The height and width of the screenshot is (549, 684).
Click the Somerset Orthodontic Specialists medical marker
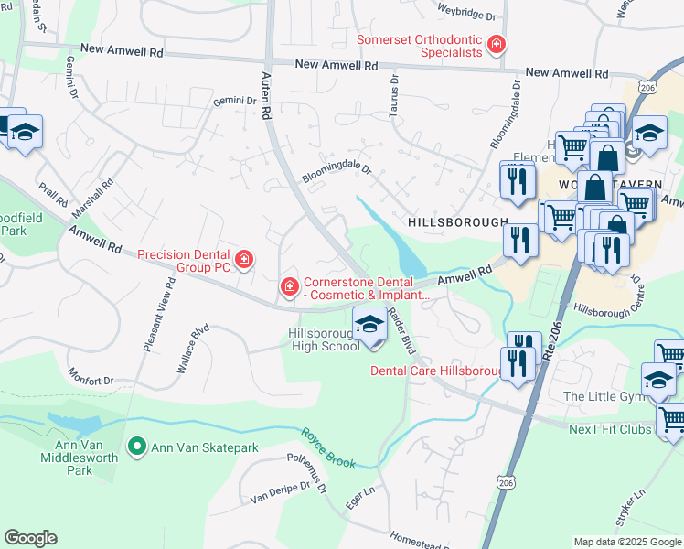(x=497, y=45)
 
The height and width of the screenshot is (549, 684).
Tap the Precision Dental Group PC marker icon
(x=244, y=261)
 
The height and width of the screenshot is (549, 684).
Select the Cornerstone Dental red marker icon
(x=290, y=288)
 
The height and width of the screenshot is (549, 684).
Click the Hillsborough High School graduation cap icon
(x=369, y=325)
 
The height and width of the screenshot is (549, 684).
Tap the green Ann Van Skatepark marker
(x=137, y=447)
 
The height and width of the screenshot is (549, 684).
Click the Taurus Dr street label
(x=395, y=92)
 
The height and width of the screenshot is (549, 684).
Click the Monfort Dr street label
(x=90, y=375)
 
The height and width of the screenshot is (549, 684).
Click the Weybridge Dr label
(x=465, y=16)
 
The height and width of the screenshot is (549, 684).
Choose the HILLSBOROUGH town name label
(x=457, y=222)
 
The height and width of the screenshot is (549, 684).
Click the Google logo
(x=30, y=538)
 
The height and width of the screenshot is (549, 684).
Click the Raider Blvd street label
(x=400, y=330)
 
